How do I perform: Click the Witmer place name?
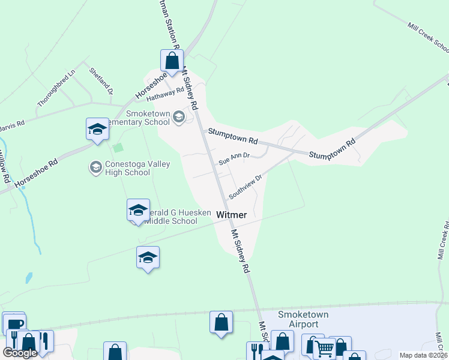[x=231, y=214]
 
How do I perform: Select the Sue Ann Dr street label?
[x=234, y=160]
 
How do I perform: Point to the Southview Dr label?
[x=246, y=187]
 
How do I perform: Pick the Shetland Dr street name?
[x=101, y=82]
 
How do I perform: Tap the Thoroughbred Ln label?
[x=56, y=88]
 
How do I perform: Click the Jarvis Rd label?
[x=11, y=125]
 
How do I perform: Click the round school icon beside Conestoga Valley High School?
[x=95, y=167]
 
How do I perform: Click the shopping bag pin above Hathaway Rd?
[x=172, y=61]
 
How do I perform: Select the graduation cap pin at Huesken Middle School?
[x=138, y=211]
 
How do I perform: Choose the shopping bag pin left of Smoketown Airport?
[x=221, y=322]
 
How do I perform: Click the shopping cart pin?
[x=325, y=348]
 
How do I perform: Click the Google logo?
[x=19, y=353]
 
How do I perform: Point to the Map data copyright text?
[x=423, y=355]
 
